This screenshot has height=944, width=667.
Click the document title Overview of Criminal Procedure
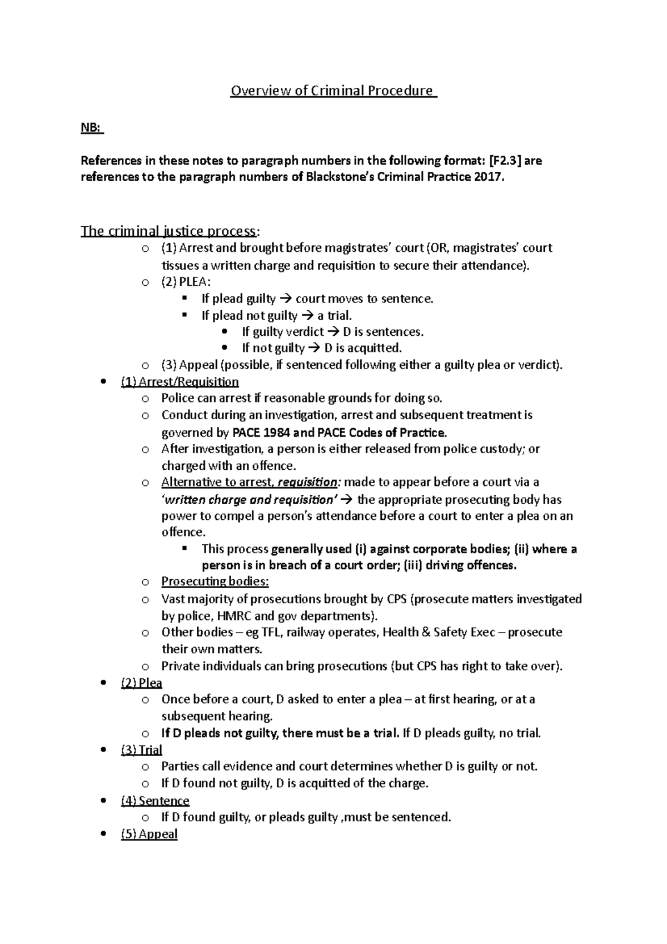[333, 91]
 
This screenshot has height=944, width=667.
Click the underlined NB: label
[92, 128]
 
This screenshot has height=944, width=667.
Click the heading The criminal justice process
[170, 231]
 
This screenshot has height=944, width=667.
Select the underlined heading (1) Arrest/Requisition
[180, 382]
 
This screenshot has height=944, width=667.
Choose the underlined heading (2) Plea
[141, 683]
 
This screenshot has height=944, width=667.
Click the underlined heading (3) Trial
[141, 750]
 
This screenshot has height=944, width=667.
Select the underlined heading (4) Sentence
[155, 801]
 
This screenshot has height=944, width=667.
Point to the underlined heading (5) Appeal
[149, 834]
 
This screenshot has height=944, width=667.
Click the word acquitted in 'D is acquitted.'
[373, 349]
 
